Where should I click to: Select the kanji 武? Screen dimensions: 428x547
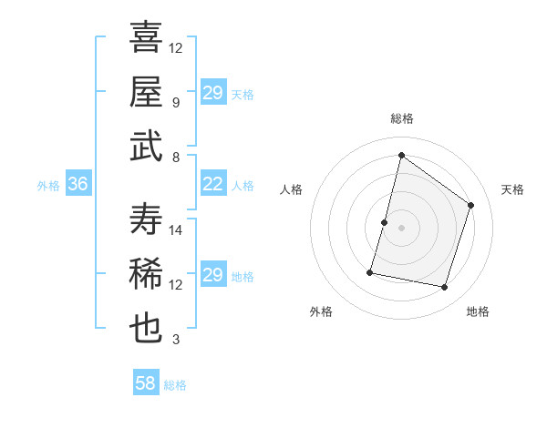146,146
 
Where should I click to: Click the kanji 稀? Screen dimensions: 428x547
146,273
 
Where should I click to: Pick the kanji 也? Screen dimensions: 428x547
146,329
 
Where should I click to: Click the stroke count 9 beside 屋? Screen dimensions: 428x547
176,103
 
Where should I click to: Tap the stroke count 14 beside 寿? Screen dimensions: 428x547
176,229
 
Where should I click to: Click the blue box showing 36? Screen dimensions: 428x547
77,185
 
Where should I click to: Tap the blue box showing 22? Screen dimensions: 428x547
212,185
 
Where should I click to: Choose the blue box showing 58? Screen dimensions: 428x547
146,383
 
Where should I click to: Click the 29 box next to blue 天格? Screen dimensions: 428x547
212,93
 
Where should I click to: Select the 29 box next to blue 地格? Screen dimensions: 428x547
212,276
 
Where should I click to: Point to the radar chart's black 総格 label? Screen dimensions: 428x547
401,118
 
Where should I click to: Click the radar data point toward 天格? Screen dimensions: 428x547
471,205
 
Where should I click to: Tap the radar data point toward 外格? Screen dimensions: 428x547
370,271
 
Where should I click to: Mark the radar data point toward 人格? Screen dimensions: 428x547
384,222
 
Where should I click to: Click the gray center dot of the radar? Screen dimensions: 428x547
401,228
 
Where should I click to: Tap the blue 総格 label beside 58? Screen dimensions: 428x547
175,384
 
